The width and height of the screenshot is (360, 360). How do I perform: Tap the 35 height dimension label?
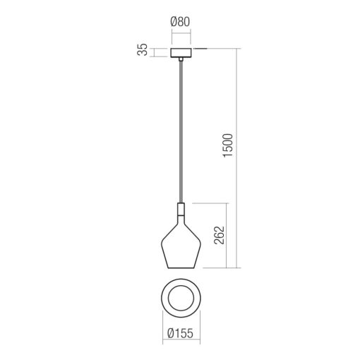143,50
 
